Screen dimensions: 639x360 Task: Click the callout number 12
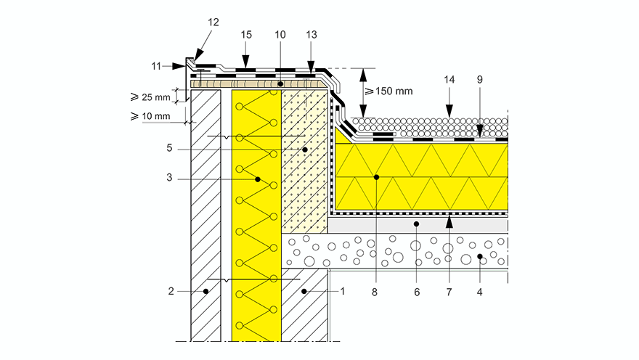[213, 22]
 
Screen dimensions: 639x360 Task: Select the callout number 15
[246, 35]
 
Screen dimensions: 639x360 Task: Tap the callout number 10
[280, 35]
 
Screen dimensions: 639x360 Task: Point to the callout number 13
[312, 35]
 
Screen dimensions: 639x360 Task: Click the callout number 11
[157, 66]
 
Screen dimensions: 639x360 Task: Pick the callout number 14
[449, 80]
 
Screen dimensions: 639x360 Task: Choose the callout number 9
[480, 80]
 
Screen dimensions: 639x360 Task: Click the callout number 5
[169, 148]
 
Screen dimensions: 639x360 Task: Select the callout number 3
[169, 178]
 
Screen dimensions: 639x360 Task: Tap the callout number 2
[171, 291]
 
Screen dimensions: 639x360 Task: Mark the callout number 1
[343, 291]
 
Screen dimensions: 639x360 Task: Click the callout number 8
[375, 292]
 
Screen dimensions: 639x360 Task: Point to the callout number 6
[417, 292]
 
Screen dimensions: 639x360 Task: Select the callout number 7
[449, 292]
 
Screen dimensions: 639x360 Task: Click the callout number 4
[480, 292]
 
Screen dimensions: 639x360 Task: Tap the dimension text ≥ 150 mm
[388, 91]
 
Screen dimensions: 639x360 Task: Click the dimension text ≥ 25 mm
[150, 97]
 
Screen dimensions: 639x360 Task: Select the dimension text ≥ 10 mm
[150, 116]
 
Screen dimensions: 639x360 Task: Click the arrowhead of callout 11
[179, 66]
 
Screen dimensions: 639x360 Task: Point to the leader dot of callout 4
[480, 256]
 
